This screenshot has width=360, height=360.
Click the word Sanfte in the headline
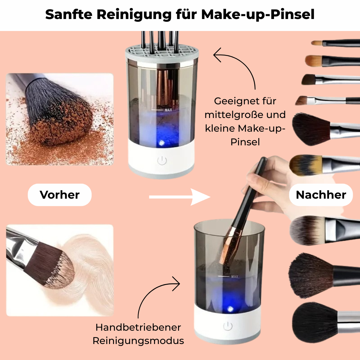coord(69,14)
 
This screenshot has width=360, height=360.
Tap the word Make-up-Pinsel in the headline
coord(258,14)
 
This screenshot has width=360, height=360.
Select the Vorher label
coord(60,195)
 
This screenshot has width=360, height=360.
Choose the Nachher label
coord(321,195)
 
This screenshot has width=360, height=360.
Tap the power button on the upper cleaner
coord(162,160)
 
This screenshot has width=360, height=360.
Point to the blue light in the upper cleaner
coord(161,143)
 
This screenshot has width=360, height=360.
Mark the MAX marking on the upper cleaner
coord(168,110)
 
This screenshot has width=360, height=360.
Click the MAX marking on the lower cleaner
coord(235,276)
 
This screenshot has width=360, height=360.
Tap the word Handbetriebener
coord(138,327)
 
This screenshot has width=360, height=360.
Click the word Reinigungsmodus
coord(138,341)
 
